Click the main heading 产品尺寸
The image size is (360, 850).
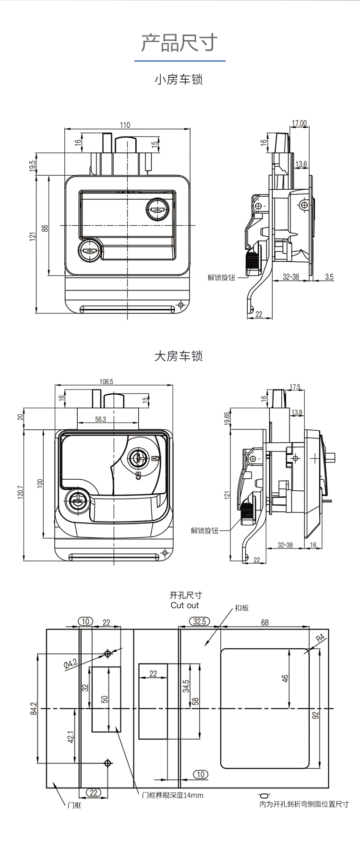180,43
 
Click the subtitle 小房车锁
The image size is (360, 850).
179,79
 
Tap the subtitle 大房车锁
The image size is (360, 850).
179,356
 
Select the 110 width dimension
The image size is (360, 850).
125,125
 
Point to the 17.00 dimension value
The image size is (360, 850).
299,123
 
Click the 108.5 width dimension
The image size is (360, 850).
107,382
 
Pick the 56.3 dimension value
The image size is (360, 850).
100,419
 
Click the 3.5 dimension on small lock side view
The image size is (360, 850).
329,277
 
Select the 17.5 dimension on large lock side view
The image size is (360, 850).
295,387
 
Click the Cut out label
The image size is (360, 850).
184,605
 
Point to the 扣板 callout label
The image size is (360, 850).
242,607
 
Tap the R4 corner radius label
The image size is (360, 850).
321,639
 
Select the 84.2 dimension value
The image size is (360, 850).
33,708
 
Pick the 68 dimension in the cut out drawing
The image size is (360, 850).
265,622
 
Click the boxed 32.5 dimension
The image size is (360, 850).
199,621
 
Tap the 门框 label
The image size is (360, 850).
74,805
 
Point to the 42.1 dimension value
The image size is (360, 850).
71,738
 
